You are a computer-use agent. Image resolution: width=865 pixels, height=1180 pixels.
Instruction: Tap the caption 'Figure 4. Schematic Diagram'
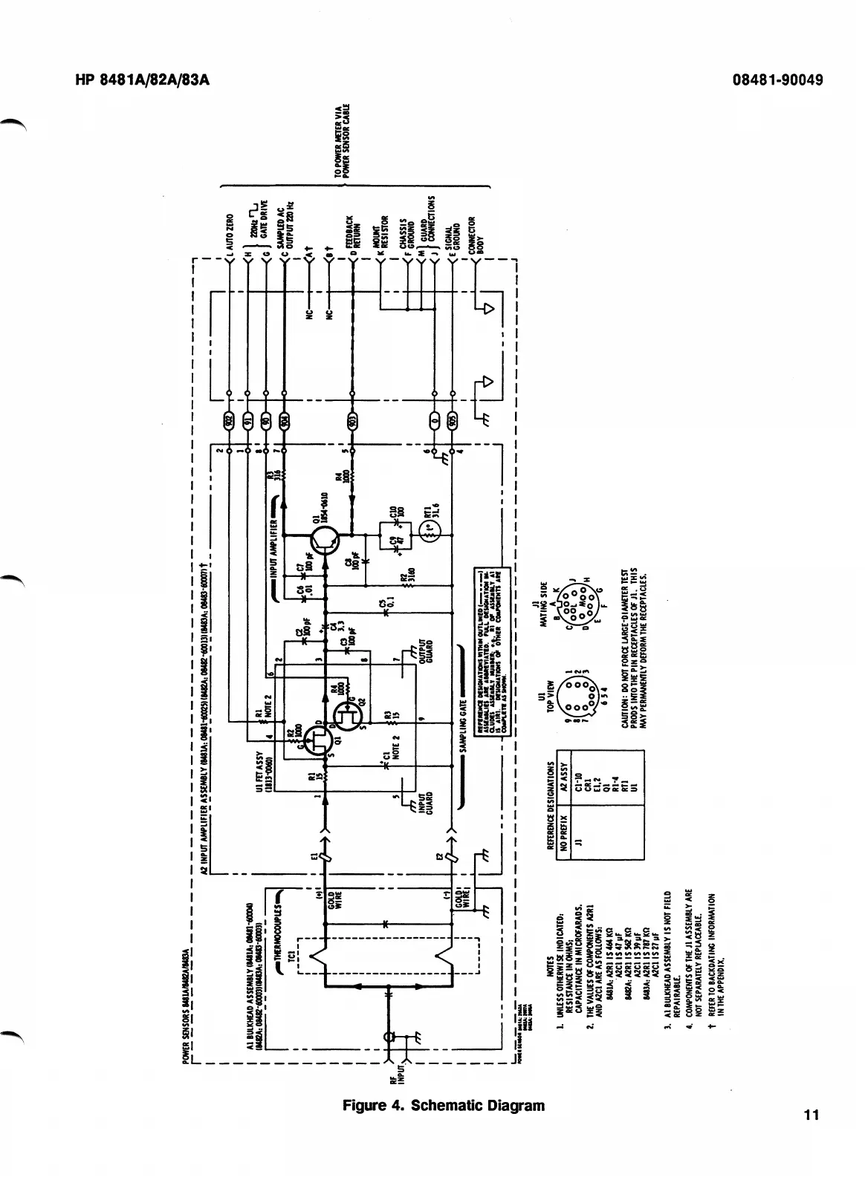(444, 1104)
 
